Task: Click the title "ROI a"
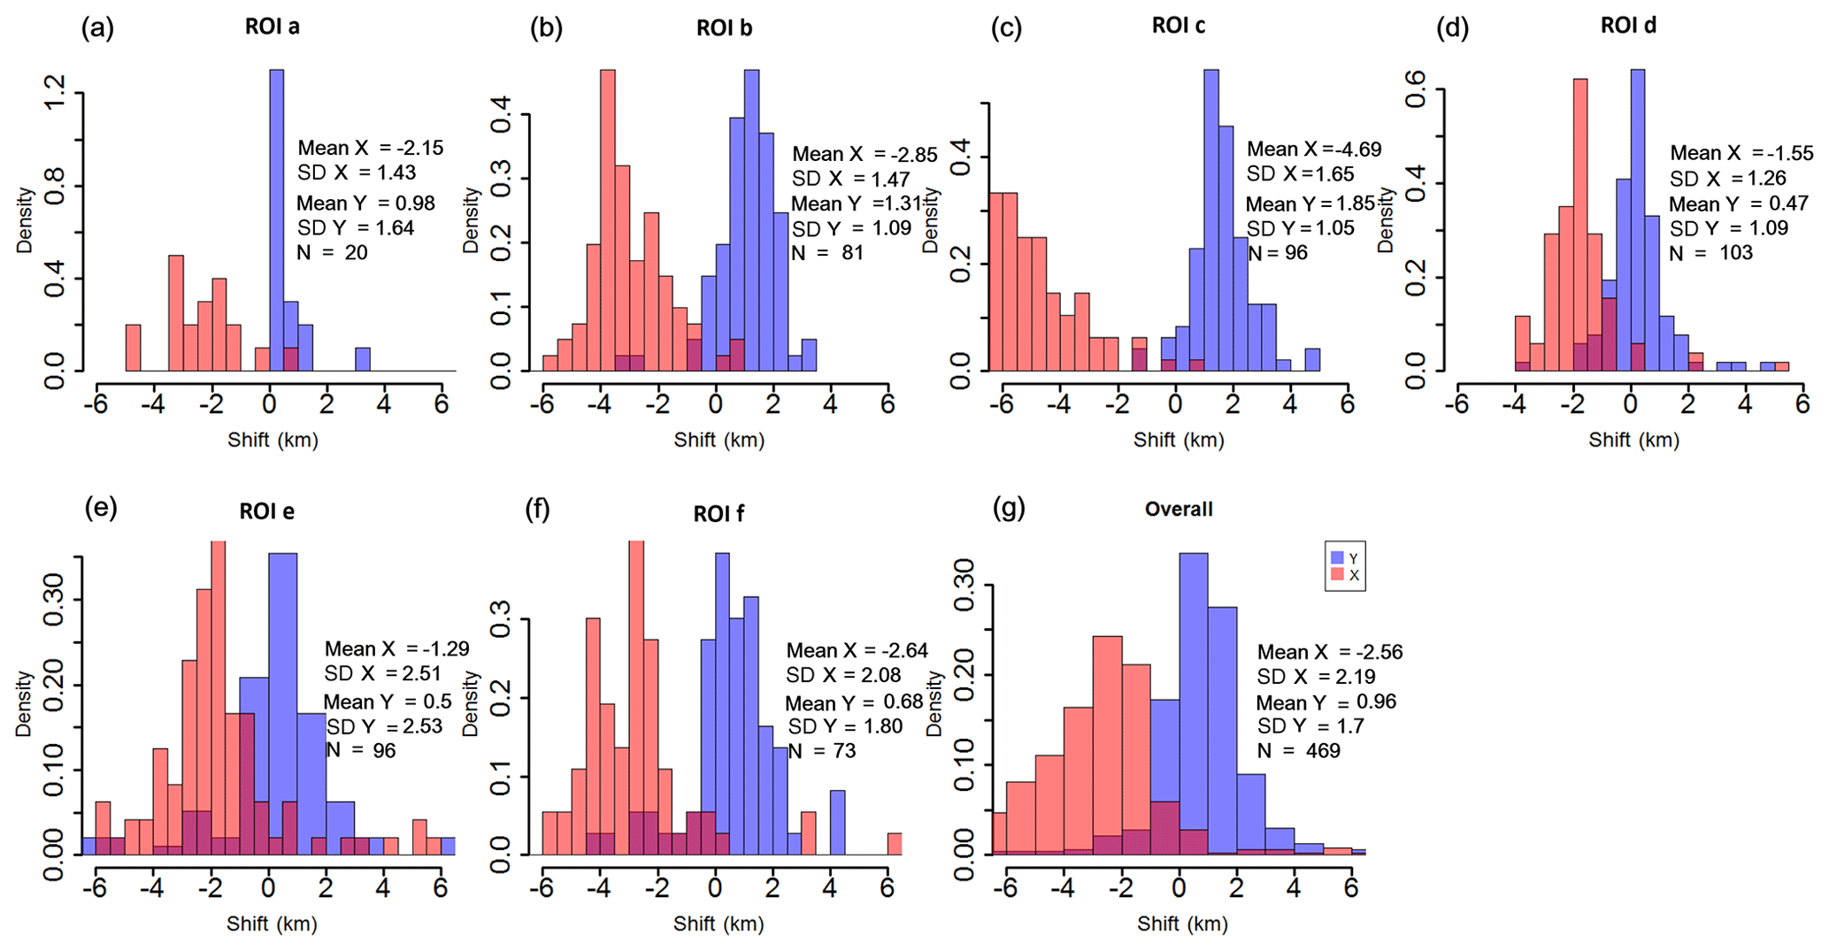coord(273,27)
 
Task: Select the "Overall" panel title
coord(1179,510)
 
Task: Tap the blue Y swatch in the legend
coord(1338,558)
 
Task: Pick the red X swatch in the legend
coord(1338,576)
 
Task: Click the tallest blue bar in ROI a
coord(277,221)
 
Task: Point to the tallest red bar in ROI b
coord(608,221)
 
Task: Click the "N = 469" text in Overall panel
coord(1299,751)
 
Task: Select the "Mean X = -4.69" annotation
coord(1314,150)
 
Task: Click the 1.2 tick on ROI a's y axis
coord(55,93)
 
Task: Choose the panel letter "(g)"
coord(1010,508)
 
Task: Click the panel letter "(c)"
coord(1006,28)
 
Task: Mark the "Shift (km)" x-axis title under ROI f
coord(719,924)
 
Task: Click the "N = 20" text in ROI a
coord(332,253)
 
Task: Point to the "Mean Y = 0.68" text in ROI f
coord(854,703)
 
